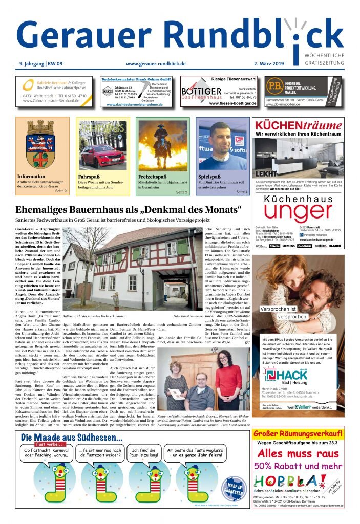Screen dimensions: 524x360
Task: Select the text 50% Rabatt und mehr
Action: click(299, 466)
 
